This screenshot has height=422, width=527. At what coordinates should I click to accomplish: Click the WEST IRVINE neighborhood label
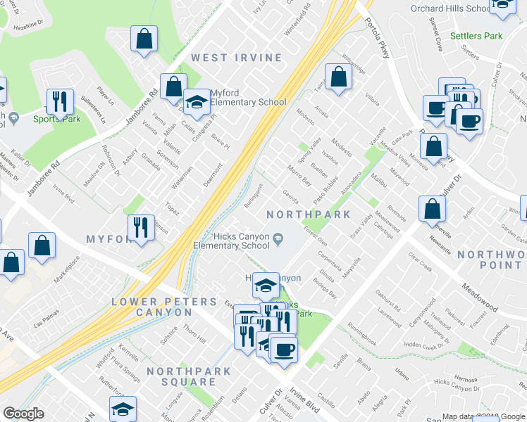tap(237, 58)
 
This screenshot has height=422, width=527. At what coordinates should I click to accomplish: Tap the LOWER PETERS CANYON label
tap(165, 307)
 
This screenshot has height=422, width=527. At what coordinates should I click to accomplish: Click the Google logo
tap(24, 414)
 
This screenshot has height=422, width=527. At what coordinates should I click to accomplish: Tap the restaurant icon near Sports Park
tap(59, 102)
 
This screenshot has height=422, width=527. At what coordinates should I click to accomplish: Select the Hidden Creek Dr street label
tap(422, 346)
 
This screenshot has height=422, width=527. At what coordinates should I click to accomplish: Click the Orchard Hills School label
tap(448, 8)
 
